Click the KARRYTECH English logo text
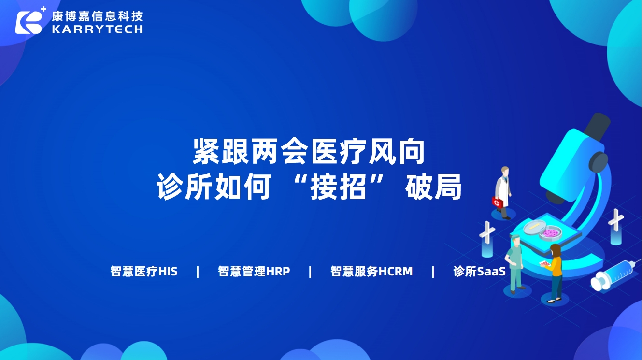click(97, 29)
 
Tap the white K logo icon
click(29, 22)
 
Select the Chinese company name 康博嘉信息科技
click(97, 16)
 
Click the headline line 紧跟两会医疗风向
click(308, 151)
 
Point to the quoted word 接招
click(339, 187)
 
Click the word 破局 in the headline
click(433, 187)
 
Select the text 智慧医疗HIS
click(144, 271)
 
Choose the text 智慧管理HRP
click(254, 271)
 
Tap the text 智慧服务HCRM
click(371, 271)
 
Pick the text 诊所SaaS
click(479, 271)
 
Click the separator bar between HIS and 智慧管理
click(198, 272)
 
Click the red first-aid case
click(497, 202)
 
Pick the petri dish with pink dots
click(550, 233)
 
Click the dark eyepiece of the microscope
click(597, 126)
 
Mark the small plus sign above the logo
click(43, 9)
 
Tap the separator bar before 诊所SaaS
click(433, 272)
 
